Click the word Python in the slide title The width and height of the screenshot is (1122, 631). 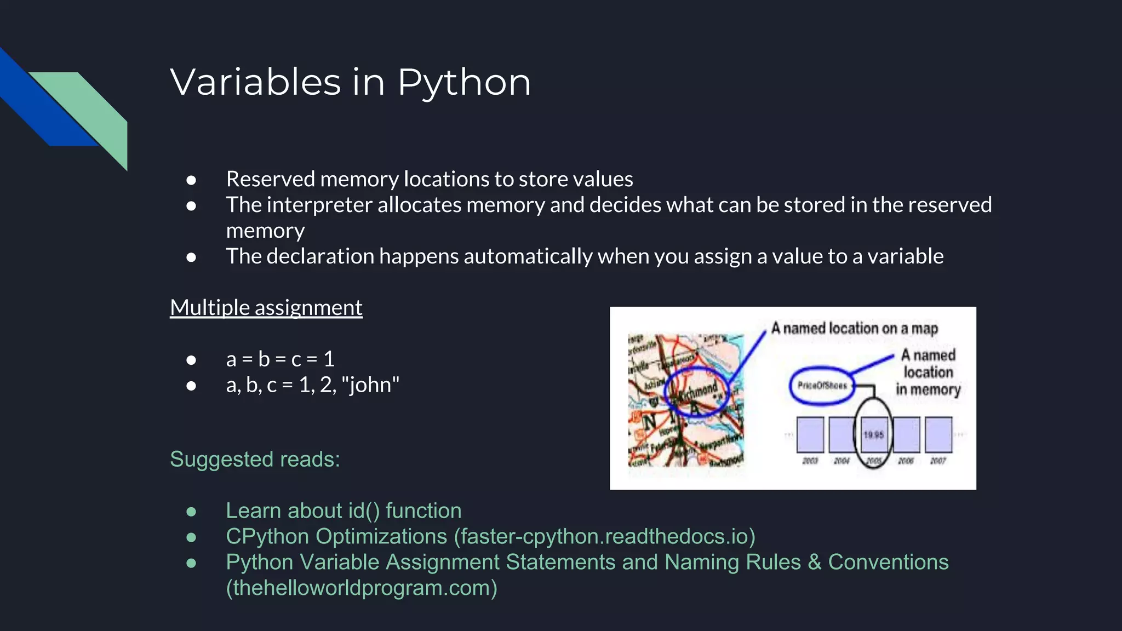(x=463, y=83)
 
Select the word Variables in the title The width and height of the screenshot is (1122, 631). (x=255, y=82)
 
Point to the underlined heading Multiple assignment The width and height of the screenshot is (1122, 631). (x=266, y=307)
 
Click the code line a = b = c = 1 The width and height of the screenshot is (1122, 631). (x=280, y=359)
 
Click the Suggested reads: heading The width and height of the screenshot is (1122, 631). (x=255, y=459)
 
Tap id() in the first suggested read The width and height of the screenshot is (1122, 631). (x=364, y=510)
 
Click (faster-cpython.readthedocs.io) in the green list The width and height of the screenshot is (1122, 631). (x=604, y=536)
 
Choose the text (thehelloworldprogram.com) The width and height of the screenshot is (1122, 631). (x=362, y=588)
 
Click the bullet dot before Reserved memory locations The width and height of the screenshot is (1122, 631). (x=191, y=180)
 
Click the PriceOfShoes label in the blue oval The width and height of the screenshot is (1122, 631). (x=822, y=386)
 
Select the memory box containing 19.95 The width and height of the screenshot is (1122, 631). (x=874, y=434)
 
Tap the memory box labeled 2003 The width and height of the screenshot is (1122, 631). (x=810, y=434)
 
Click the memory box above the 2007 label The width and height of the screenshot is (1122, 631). (x=938, y=434)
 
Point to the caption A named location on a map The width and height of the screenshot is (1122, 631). (x=854, y=328)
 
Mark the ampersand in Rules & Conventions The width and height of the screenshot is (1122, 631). (x=814, y=562)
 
